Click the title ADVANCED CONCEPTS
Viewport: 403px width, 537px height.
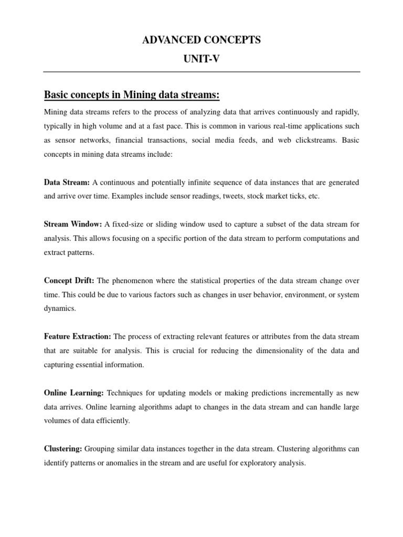click(x=201, y=40)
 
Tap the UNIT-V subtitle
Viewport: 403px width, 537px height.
click(x=201, y=59)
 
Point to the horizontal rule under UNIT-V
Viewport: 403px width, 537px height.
click(x=201, y=72)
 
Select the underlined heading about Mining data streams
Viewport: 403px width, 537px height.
click(x=132, y=95)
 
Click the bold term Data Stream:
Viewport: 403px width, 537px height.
click(x=67, y=182)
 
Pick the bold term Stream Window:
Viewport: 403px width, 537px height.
click(x=73, y=224)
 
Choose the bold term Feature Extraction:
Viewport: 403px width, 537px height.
click(x=78, y=336)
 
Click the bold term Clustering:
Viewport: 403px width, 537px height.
click(x=63, y=449)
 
